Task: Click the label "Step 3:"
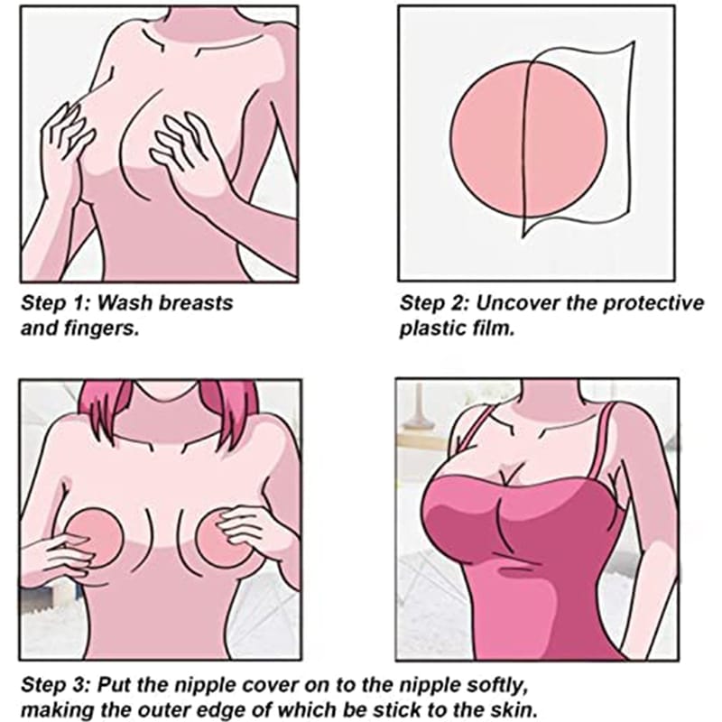(x=55, y=685)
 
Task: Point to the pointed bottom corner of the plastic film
(x=523, y=237)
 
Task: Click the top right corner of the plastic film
(x=634, y=42)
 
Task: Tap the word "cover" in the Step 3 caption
(x=270, y=685)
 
